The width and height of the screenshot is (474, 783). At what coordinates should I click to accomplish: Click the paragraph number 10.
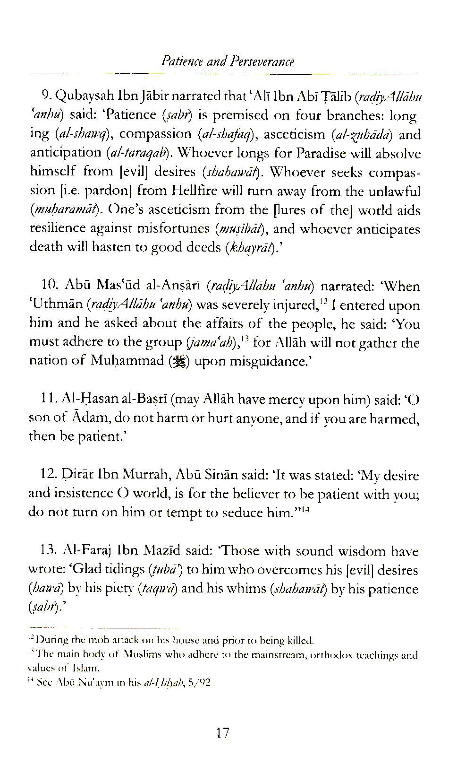49,287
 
